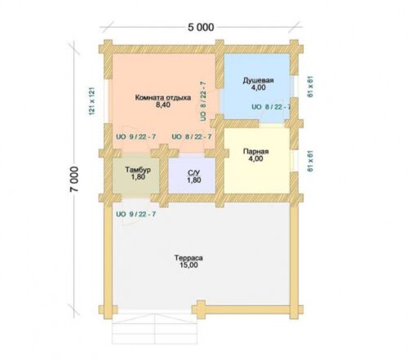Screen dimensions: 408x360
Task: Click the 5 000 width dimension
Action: tap(201, 27)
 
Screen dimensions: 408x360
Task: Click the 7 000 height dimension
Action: tap(74, 179)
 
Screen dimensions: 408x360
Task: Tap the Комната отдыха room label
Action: tap(163, 97)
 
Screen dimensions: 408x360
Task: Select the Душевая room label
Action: tap(258, 81)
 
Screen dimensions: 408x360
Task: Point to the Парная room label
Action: tap(255, 152)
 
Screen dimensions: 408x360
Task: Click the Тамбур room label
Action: tap(138, 170)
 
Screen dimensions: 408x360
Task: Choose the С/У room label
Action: tap(194, 173)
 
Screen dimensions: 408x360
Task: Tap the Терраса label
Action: tap(188, 258)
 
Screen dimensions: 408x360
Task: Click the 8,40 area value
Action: tap(163, 104)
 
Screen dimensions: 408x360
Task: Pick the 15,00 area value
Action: tap(188, 265)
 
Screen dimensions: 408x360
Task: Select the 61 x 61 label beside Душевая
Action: tap(310, 87)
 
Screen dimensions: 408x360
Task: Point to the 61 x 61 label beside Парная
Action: tap(310, 161)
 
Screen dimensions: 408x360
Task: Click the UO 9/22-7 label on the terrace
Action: tap(136, 214)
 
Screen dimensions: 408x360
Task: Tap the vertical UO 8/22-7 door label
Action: tap(203, 101)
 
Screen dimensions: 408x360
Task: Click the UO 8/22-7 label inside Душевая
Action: tap(271, 107)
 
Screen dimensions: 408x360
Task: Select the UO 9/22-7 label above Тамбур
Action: tap(136, 137)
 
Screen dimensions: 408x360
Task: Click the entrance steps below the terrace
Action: tap(154, 328)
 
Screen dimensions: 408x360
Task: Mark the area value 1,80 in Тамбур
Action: tap(138, 177)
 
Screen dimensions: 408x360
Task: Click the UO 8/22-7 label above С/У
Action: tap(192, 137)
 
